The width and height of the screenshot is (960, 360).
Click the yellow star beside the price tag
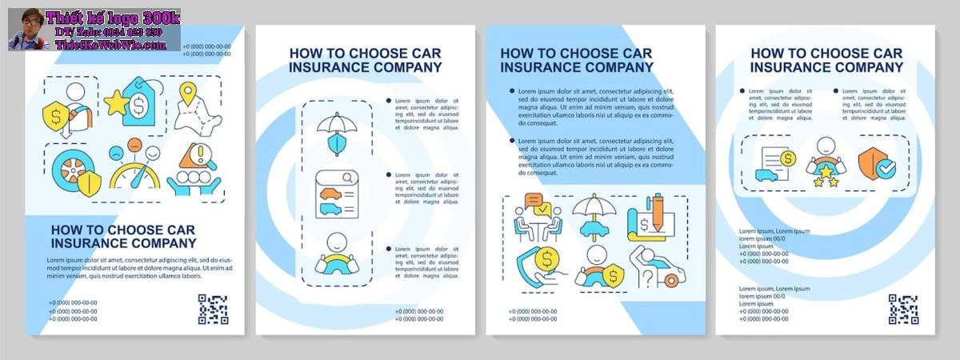click(117, 102)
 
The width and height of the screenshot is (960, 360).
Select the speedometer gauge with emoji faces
click(134, 167)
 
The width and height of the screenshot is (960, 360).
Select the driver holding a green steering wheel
click(336, 256)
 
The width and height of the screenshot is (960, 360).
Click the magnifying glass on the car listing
click(349, 178)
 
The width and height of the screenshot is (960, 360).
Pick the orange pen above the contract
click(658, 210)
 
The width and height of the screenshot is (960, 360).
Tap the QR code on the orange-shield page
click(903, 309)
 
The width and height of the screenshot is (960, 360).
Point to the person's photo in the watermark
click(26, 30)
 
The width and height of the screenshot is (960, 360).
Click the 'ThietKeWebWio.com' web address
click(110, 45)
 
